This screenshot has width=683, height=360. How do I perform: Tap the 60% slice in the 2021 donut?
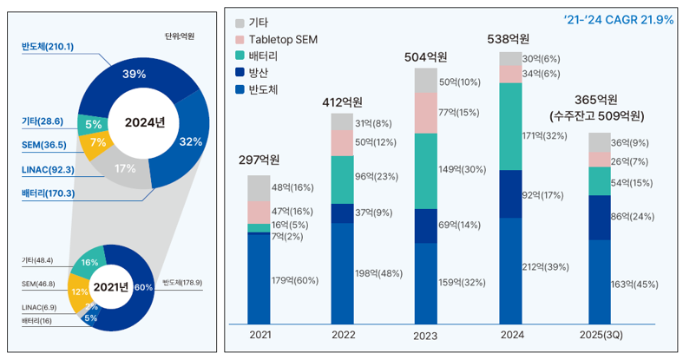point(142,287)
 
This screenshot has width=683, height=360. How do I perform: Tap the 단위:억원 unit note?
point(179,36)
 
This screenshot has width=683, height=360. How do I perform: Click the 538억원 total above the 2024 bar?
point(509,39)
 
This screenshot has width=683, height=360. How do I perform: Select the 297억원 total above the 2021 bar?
point(259,160)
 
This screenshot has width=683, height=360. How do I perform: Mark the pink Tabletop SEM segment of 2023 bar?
point(425,114)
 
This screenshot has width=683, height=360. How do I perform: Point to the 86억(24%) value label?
point(632,218)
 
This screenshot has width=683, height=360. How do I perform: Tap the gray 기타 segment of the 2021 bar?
point(259,187)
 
